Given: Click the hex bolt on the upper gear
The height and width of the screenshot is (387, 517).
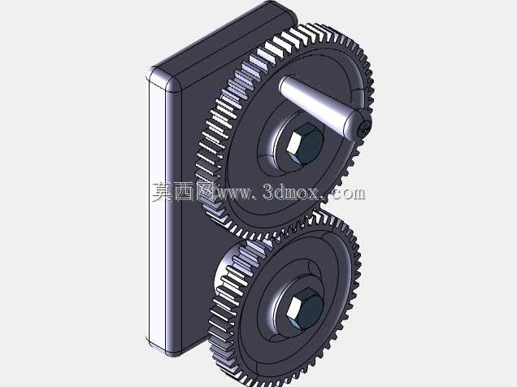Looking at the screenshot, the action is pos(303,143).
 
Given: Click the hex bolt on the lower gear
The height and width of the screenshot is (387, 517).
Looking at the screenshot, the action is pos(304,308).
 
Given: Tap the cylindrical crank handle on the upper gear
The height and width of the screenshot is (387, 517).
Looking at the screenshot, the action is pos(319,102).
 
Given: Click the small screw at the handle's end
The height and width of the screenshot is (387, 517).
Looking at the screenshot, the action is pos(365,127).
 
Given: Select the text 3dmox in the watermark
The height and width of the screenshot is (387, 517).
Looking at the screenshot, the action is pos(291,192).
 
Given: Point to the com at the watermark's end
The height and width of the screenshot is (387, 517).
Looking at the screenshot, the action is pos(348,193).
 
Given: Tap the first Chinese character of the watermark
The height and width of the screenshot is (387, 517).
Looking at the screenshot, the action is pos(163,192).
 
